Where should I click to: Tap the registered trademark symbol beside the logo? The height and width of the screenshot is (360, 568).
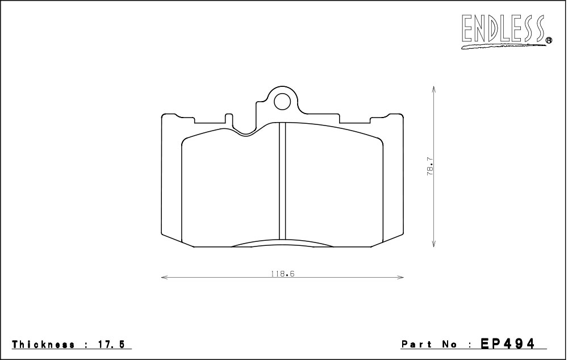pyautogui.click(x=549, y=40)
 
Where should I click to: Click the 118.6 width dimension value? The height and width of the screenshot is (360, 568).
pyautogui.click(x=282, y=274)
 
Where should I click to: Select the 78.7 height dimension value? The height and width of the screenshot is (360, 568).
pyautogui.click(x=430, y=166)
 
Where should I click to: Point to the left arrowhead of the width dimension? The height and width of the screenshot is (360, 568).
pyautogui.click(x=164, y=278)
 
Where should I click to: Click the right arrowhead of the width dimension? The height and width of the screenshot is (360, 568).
pyautogui.click(x=401, y=278)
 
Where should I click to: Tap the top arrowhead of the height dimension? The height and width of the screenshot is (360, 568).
pyautogui.click(x=433, y=89)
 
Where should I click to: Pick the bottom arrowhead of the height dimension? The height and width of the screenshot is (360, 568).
pyautogui.click(x=433, y=244)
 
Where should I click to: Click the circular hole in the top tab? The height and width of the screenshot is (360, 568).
pyautogui.click(x=282, y=101)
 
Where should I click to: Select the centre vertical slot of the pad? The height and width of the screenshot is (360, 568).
pyautogui.click(x=282, y=181)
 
